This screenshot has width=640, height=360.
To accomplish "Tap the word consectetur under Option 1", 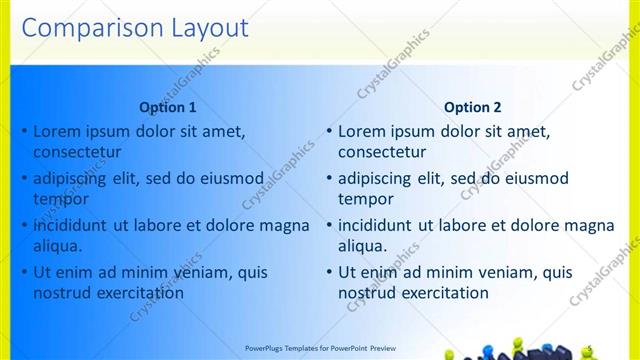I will [77, 153].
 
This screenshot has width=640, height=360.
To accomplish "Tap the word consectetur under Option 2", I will [382, 153].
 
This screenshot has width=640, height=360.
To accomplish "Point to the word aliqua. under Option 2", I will [363, 246].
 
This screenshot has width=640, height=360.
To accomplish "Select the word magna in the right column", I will [590, 225].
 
